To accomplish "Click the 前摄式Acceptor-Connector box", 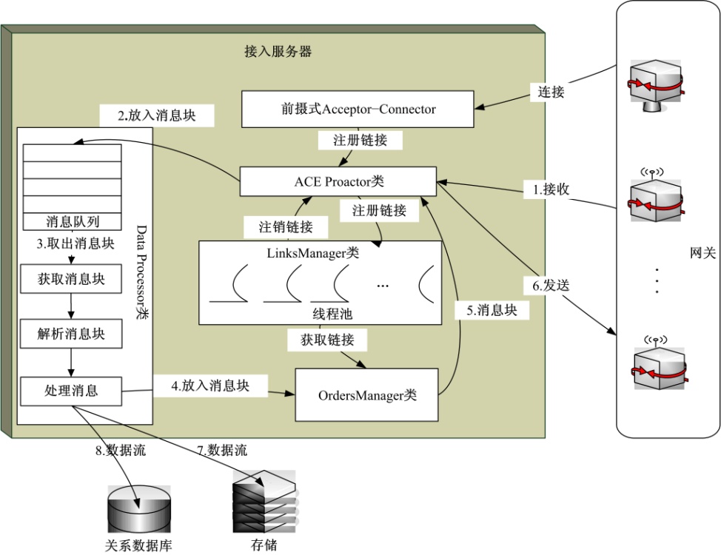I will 358,109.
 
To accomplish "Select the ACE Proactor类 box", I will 338,182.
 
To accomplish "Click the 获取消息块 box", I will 71,279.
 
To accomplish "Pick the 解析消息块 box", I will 71,334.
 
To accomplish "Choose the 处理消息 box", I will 71,390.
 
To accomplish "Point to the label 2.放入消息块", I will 157,115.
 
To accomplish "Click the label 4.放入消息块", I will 210,386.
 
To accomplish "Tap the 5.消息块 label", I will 492,310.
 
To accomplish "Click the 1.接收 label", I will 551,189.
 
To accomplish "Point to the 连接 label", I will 551,92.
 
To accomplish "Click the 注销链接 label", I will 285,226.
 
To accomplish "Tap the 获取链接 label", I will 326,340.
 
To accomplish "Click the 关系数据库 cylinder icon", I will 138,511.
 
